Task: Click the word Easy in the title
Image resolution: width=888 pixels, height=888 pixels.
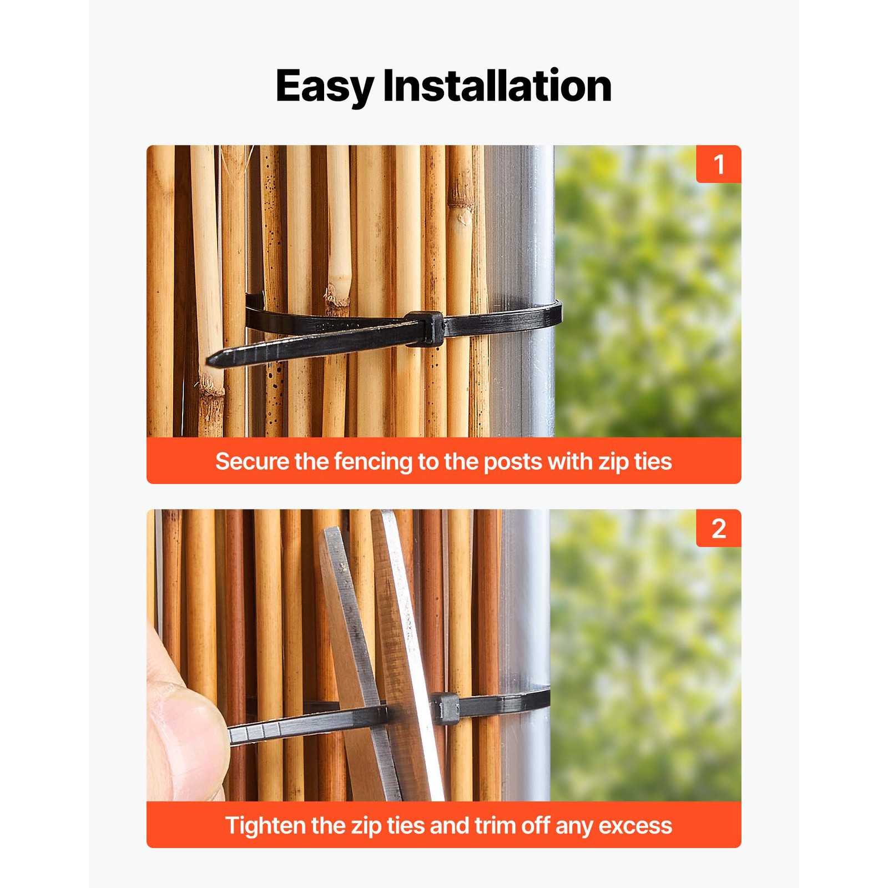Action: coord(324,87)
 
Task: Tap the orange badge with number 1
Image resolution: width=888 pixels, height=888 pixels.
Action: coord(719,164)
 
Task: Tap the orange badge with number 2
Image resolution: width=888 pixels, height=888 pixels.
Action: coord(719,528)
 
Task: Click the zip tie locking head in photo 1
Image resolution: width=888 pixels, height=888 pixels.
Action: coord(425,329)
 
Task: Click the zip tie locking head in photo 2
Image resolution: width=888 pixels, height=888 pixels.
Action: coord(445,708)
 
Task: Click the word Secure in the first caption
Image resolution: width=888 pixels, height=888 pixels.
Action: coord(252,462)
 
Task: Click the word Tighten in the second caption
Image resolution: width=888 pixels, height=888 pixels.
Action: coord(265,826)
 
